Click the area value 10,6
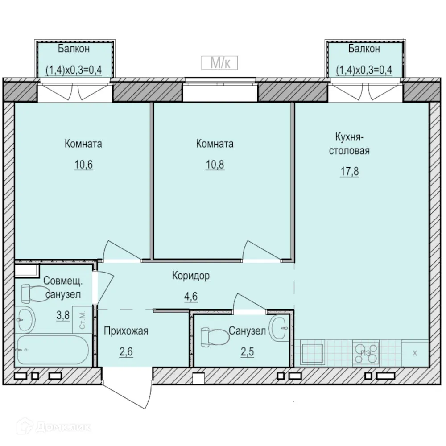coord(83,165)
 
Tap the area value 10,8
coord(215,165)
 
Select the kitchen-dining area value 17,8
coord(350,172)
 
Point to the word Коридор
coord(191,276)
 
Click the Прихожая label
coord(126,331)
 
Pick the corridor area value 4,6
coord(191,297)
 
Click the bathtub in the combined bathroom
coord(53,350)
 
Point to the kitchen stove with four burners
coord(366,353)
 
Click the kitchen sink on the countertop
coord(312,353)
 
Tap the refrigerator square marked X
coord(415,353)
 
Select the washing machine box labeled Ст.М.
coord(82,320)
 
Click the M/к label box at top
coord(219,63)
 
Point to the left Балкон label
coord(74,49)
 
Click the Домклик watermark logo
coord(54,427)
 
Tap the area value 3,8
coord(63,315)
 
